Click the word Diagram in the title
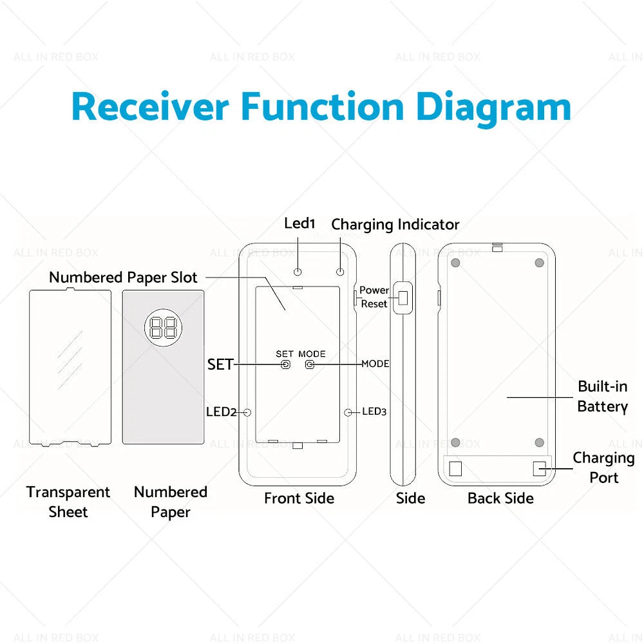[493, 108]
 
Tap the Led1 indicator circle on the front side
[298, 272]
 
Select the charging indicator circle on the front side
[340, 272]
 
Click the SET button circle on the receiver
[285, 365]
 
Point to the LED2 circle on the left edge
[247, 412]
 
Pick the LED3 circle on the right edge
[348, 412]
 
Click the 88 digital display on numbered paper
[164, 327]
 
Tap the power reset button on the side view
[403, 298]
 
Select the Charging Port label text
[604, 468]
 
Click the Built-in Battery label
[603, 396]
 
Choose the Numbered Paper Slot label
[123, 277]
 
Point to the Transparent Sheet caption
[68, 502]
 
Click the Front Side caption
[299, 498]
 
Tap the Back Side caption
[500, 498]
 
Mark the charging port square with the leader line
[539, 468]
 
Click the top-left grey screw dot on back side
[455, 263]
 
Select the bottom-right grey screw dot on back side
[539, 442]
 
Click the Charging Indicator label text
[395, 225]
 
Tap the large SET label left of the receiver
[220, 365]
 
